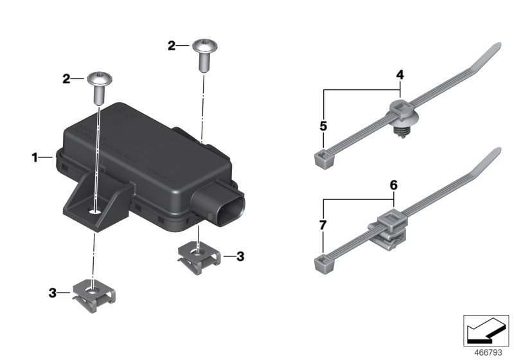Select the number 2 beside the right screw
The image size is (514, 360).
pyautogui.click(x=171, y=46)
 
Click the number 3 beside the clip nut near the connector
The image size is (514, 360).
pyautogui.click(x=240, y=256)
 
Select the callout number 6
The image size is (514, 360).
pyautogui.click(x=394, y=184)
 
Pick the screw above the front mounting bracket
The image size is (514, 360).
pyautogui.click(x=100, y=85)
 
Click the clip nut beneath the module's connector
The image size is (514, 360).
pyautogui.click(x=198, y=254)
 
